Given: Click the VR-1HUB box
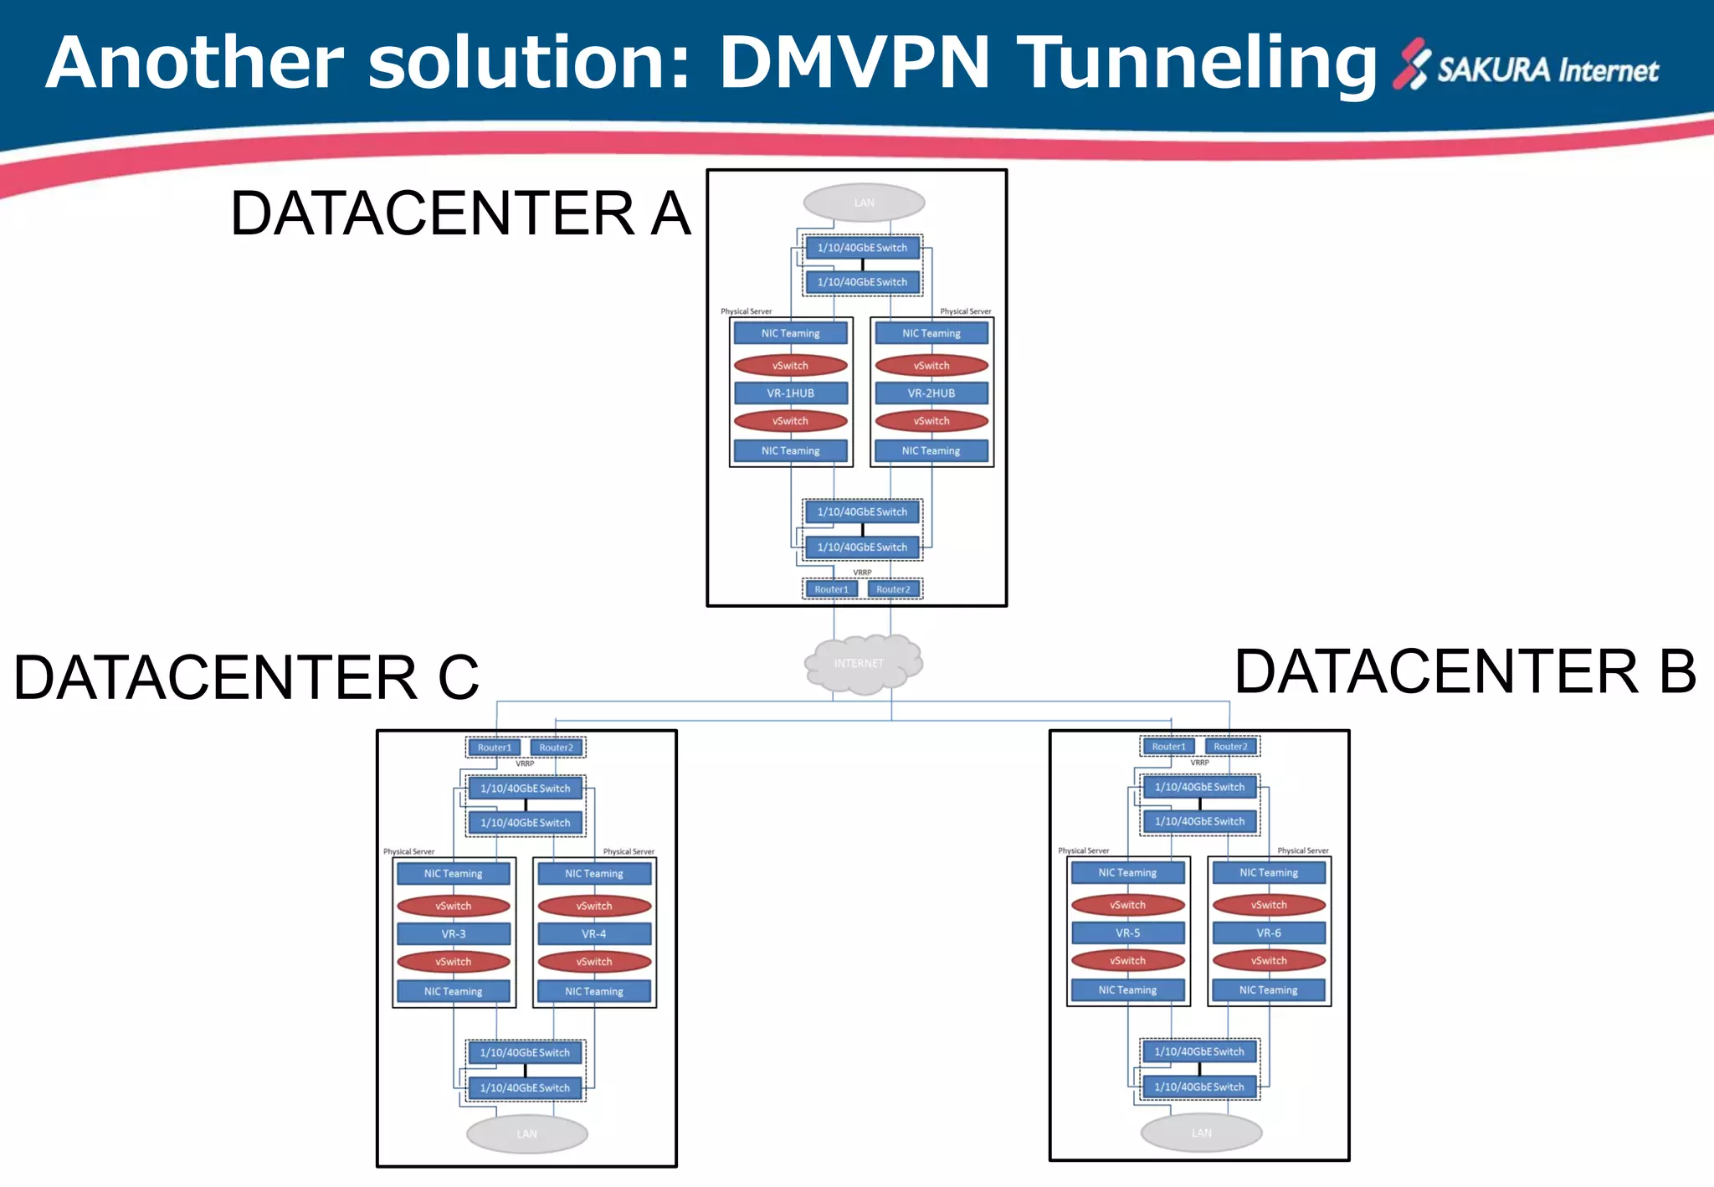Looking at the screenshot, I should coord(790,393).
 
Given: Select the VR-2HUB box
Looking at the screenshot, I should coord(931,393).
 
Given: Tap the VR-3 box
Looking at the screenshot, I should coord(453,933).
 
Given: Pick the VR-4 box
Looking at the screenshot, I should coord(593,933).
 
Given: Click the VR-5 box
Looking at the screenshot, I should coord(1127,933).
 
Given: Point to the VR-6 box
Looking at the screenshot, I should coord(1268,933).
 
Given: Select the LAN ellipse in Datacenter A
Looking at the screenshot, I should coord(864,203).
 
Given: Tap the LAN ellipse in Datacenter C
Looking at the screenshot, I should coord(526,1134).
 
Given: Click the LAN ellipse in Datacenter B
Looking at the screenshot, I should coord(1201,1133).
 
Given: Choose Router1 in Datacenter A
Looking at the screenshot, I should coord(831,589).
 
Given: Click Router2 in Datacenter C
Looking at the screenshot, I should coord(556,748).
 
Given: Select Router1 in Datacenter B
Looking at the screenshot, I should coord(1168,747).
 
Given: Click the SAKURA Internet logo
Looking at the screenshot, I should coord(1525,67).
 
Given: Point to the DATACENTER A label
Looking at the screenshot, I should coord(460,213).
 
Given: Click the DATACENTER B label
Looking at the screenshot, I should coord(1465,672).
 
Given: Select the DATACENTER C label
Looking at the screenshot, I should coord(246,677).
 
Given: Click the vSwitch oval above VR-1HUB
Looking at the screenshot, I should coord(790,366).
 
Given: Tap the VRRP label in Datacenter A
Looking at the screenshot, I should coord(862,573).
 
